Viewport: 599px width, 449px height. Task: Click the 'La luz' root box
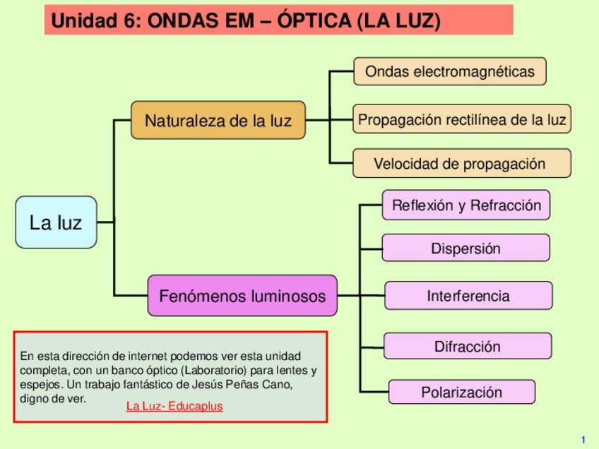coord(56,222)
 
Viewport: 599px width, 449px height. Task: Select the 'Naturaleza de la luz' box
coord(218,120)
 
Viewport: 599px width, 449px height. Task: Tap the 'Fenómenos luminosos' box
coord(242,296)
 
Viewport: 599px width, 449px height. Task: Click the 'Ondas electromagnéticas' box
coord(449,71)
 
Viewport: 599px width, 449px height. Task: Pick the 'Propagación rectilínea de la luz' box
coord(462,119)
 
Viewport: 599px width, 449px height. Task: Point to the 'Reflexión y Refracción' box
coord(465,205)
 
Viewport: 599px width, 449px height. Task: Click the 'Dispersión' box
coord(465,249)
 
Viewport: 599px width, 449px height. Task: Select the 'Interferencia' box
coord(468,296)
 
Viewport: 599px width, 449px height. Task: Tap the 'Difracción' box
coord(467,347)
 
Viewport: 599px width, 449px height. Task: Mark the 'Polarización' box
coord(462,393)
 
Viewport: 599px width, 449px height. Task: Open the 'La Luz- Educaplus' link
coord(174,407)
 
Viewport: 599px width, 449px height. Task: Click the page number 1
coord(583,439)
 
